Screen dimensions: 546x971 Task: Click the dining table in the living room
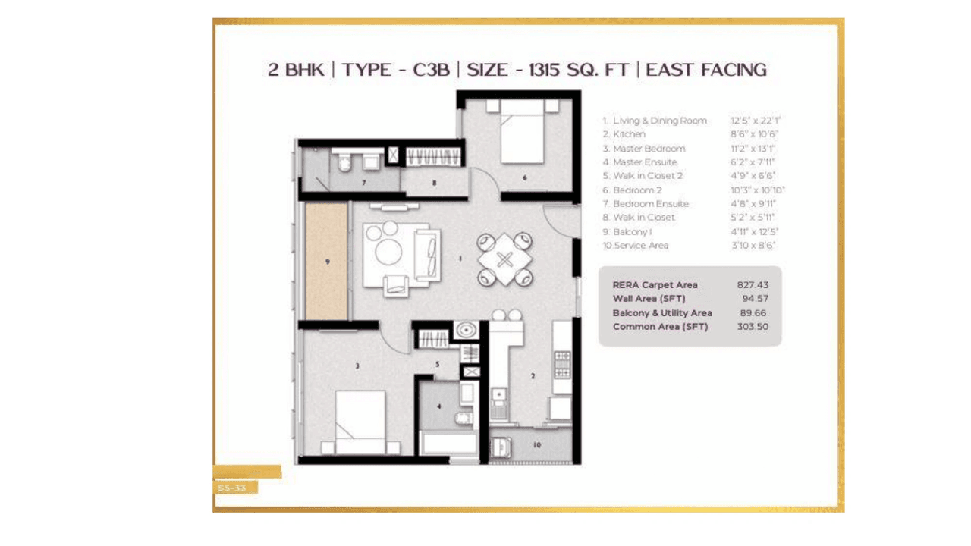click(x=504, y=259)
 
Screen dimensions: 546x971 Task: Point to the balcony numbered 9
click(x=327, y=262)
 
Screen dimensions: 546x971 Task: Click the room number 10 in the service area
click(x=537, y=445)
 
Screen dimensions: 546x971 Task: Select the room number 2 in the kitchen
click(x=533, y=376)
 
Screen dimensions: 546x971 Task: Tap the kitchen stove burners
click(x=562, y=364)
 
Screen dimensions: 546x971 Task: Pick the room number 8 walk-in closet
click(x=434, y=182)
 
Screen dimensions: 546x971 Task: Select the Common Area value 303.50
click(x=753, y=327)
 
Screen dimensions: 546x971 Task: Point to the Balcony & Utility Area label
click(x=661, y=313)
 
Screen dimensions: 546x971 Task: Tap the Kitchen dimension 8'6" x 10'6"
click(x=753, y=134)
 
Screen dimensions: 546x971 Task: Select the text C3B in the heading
click(x=431, y=70)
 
